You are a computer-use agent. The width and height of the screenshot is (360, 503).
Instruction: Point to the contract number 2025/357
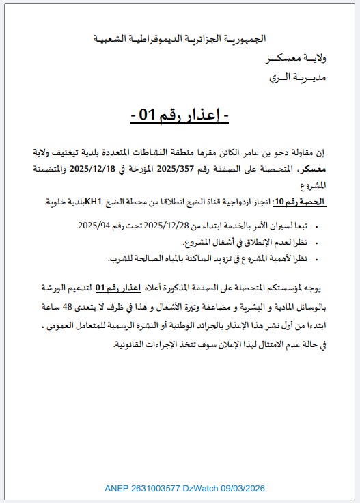coord(176,168)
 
